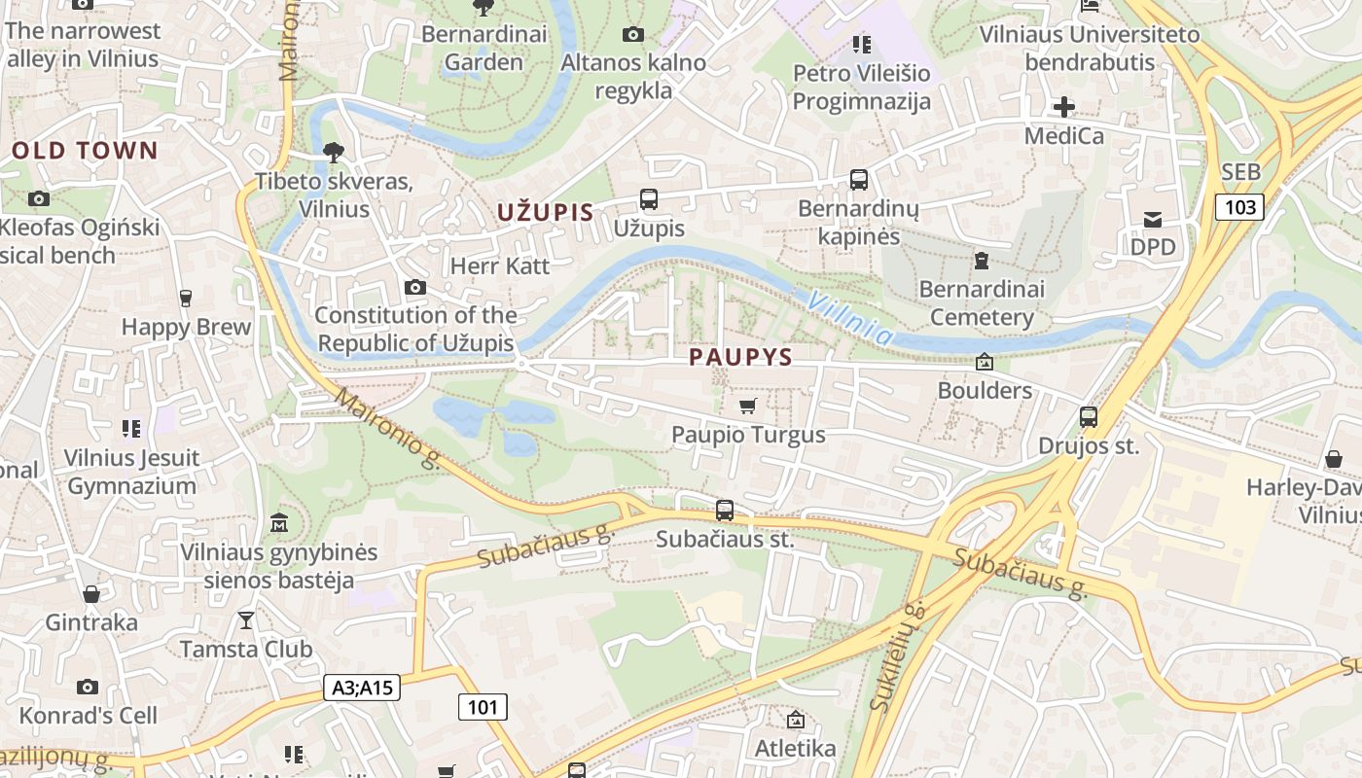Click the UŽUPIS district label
click(x=545, y=212)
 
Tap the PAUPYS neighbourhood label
click(x=740, y=357)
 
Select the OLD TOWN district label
click(x=84, y=150)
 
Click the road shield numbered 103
click(x=1239, y=206)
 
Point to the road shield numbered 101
click(x=483, y=707)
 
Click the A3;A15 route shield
click(x=362, y=688)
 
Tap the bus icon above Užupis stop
click(x=649, y=199)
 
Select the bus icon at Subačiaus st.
click(x=725, y=511)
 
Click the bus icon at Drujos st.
click(x=1089, y=417)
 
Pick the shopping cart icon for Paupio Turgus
click(x=747, y=406)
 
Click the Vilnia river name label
click(x=848, y=317)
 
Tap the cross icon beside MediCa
click(x=1064, y=106)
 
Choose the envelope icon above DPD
click(x=1153, y=219)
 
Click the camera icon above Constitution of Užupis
click(x=415, y=287)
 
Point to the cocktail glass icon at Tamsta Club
click(x=246, y=619)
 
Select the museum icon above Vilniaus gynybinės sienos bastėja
click(x=279, y=522)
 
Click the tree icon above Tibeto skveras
click(x=334, y=152)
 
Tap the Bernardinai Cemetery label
click(x=982, y=303)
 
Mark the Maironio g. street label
click(x=388, y=429)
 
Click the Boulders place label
click(x=985, y=390)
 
